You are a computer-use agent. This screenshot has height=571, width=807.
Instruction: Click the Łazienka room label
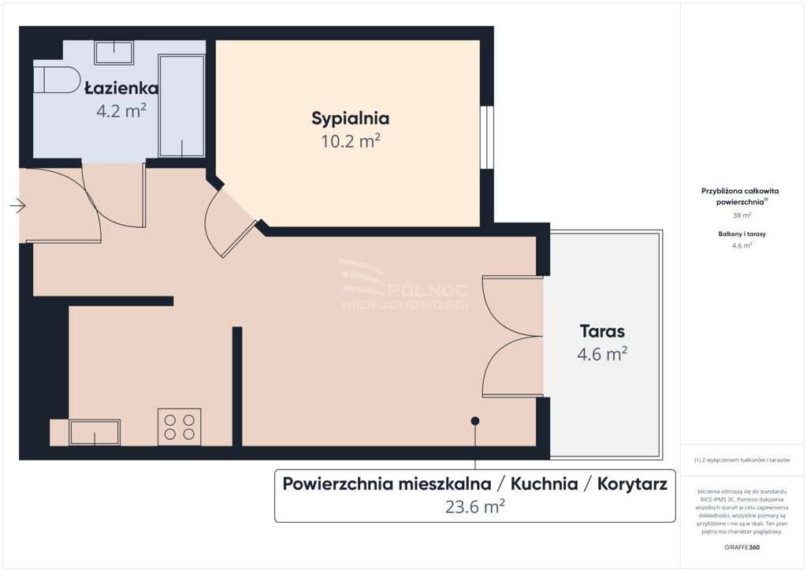121,88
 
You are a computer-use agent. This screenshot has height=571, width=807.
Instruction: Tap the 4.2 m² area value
121,110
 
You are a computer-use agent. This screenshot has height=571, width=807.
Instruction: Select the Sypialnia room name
350,119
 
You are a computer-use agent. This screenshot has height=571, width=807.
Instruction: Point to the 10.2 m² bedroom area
350,141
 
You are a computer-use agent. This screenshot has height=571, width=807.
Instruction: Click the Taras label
602,331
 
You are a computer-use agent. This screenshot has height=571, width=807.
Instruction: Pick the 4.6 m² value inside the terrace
602,354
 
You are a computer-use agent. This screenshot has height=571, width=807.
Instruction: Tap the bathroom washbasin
114,52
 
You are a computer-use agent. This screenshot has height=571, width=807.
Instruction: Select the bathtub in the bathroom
181,106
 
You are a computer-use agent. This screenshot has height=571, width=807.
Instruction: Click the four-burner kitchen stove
179,427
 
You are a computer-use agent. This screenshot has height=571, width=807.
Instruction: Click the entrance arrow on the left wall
17,207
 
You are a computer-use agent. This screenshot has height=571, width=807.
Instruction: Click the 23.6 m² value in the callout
474,507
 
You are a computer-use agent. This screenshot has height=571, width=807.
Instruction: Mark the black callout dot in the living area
474,421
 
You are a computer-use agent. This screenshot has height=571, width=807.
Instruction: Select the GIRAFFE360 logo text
742,547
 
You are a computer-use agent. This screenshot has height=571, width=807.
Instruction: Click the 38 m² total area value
742,215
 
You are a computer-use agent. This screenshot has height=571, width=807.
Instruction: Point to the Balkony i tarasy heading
742,234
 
